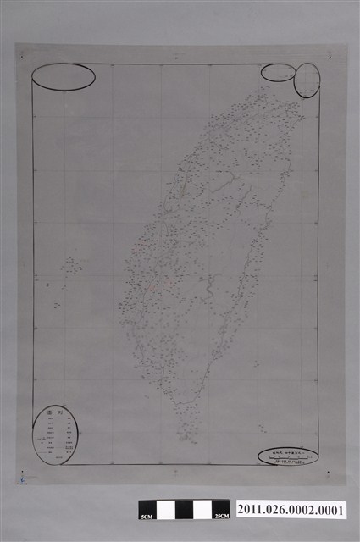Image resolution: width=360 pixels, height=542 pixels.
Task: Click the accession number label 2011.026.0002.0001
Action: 293,509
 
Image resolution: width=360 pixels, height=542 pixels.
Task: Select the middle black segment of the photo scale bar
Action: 185,509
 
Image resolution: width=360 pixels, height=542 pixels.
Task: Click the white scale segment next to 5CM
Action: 165,509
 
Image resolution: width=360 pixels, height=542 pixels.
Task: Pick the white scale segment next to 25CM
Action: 204,509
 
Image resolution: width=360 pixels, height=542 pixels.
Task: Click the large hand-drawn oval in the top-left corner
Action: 64,76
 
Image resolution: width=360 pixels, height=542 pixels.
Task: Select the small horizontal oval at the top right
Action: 278,73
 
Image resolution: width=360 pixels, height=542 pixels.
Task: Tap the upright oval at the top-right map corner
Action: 307,80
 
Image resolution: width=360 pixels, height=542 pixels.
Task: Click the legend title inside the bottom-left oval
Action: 57,414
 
